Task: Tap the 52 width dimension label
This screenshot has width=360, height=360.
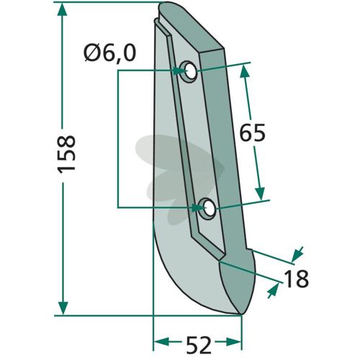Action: click(199, 346)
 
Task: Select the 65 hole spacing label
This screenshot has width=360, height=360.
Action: click(253, 132)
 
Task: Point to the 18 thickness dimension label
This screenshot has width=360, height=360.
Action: click(296, 279)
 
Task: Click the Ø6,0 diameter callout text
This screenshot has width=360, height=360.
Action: click(110, 53)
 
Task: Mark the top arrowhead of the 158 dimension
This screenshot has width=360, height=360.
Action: click(63, 9)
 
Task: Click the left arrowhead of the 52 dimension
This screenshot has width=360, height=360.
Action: click(161, 341)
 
